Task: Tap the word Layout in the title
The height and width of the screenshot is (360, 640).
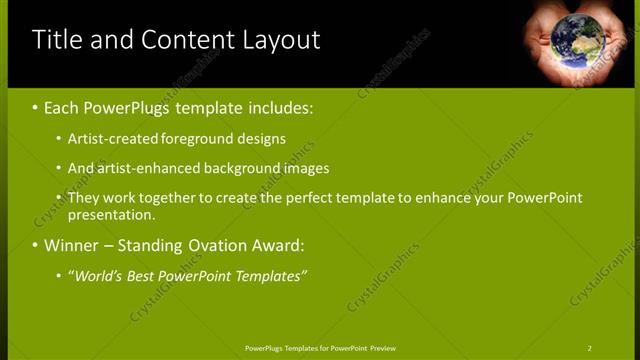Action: click(x=280, y=40)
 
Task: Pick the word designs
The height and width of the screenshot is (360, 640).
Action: click(x=263, y=139)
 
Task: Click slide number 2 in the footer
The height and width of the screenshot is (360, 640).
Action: click(x=590, y=348)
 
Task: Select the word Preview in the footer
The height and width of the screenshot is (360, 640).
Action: click(x=382, y=348)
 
